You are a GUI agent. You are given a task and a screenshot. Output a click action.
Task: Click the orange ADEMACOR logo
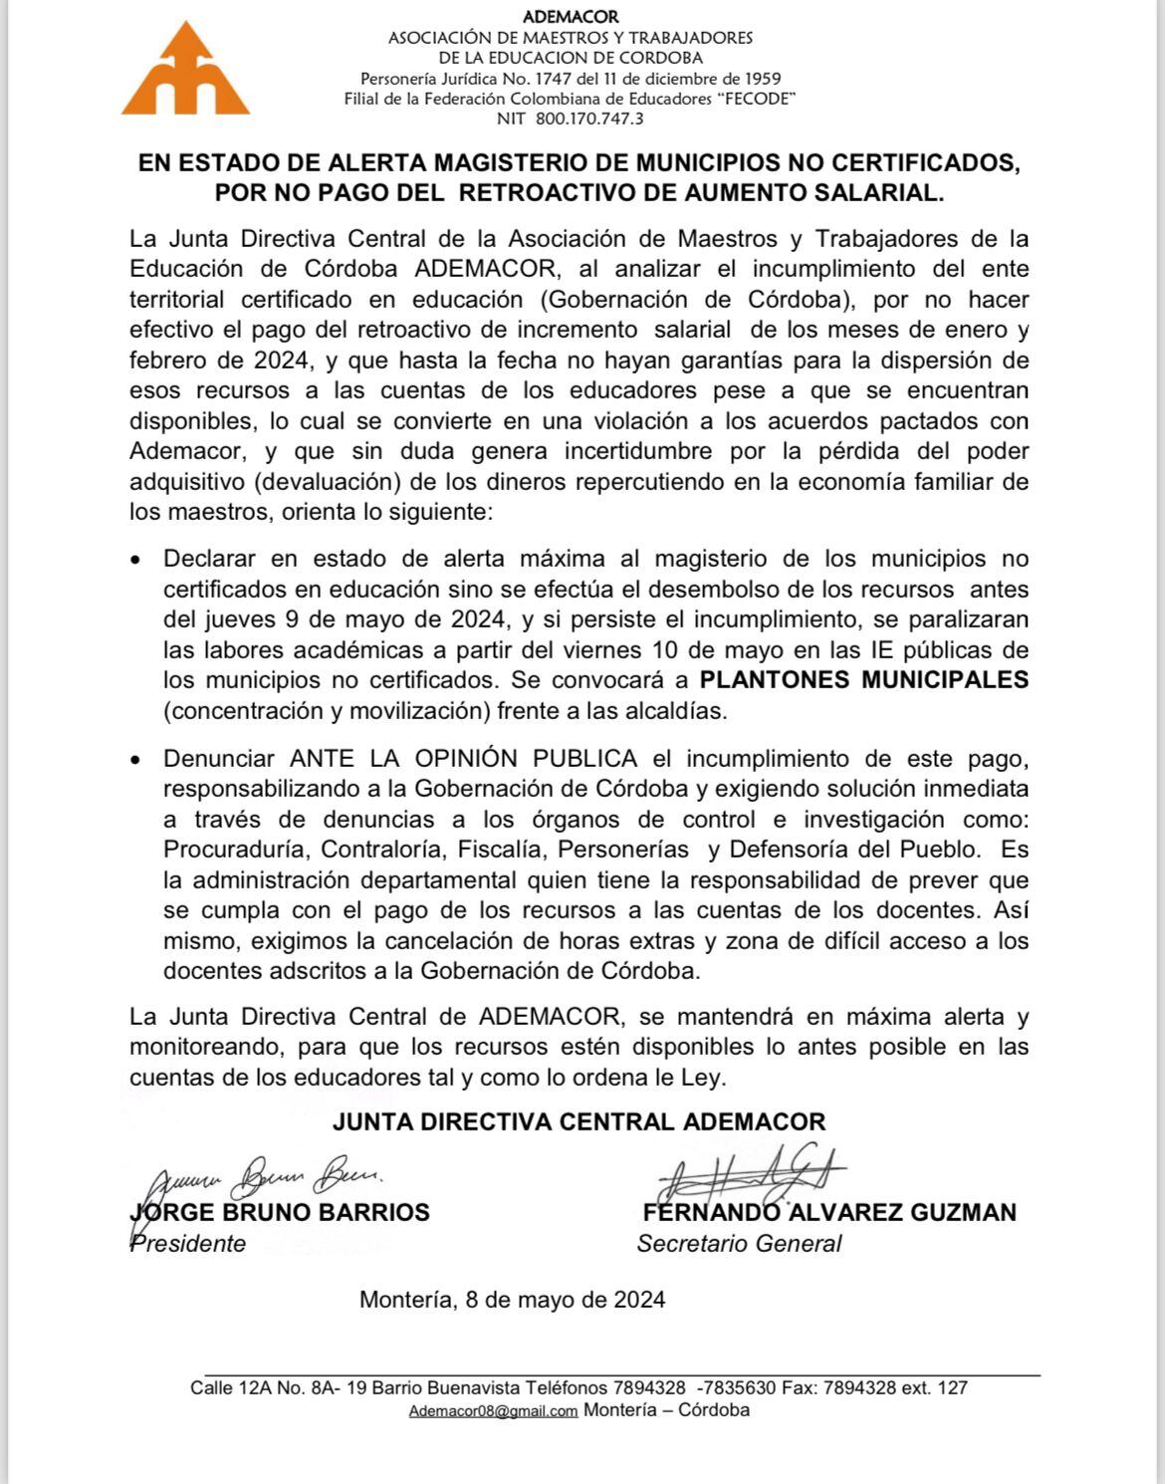185,70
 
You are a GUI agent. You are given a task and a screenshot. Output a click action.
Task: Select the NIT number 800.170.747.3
589,119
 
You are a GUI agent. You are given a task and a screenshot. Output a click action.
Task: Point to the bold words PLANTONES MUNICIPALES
864,680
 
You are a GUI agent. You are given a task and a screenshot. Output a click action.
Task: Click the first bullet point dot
135,560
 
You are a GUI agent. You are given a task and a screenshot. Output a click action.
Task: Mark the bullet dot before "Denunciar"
135,760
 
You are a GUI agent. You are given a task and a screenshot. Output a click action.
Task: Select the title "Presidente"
188,1244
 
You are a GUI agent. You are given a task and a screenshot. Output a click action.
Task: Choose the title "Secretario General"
739,1244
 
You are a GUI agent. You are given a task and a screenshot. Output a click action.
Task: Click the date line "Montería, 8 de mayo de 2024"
512,1300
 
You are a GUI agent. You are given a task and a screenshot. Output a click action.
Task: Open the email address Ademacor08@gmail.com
493,1411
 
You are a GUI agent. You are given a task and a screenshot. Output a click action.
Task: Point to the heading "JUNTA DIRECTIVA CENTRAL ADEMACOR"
579,1121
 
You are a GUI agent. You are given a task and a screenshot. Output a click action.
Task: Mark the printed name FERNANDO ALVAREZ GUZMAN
829,1212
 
